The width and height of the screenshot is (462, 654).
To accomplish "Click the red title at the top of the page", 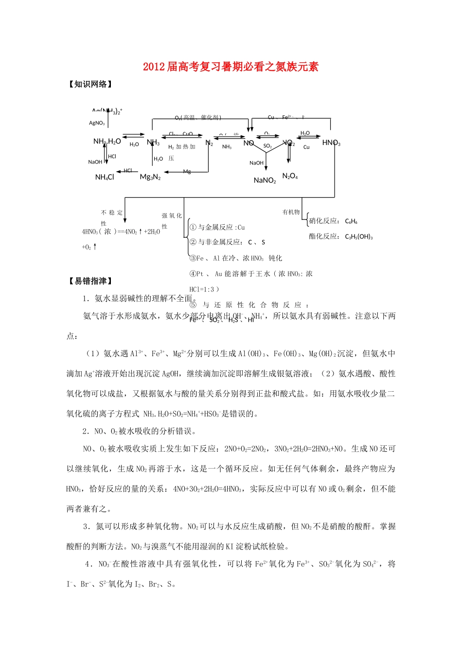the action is [231, 67].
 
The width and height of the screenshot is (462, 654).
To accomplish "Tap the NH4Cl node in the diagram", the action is [105, 177].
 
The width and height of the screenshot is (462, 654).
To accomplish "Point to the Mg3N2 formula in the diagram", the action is [150, 177].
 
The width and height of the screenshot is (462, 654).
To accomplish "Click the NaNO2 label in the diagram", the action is [265, 181].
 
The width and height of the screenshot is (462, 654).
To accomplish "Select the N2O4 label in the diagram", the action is [290, 176].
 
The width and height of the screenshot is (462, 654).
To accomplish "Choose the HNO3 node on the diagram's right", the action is [331, 143].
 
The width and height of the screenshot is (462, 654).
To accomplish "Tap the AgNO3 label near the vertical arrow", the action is [97, 123].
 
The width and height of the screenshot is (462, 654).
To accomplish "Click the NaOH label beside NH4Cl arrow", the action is [95, 162].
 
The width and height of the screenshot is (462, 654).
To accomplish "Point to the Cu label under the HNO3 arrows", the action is [306, 147].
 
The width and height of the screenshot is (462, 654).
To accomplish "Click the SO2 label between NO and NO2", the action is [267, 146].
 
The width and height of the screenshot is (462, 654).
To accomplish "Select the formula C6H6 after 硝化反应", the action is [351, 221].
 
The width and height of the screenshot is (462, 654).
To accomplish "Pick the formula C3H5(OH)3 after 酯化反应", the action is [358, 237].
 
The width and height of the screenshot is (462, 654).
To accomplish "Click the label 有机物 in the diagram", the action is [291, 212].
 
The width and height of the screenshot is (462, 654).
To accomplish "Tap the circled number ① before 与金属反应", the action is [193, 227].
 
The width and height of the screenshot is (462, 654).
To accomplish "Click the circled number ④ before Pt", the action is [193, 274].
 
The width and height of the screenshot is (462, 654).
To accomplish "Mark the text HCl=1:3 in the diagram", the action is [201, 289].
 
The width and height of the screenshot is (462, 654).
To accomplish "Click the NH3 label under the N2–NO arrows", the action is [227, 147].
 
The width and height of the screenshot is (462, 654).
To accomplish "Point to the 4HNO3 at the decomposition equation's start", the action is [90, 232].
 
